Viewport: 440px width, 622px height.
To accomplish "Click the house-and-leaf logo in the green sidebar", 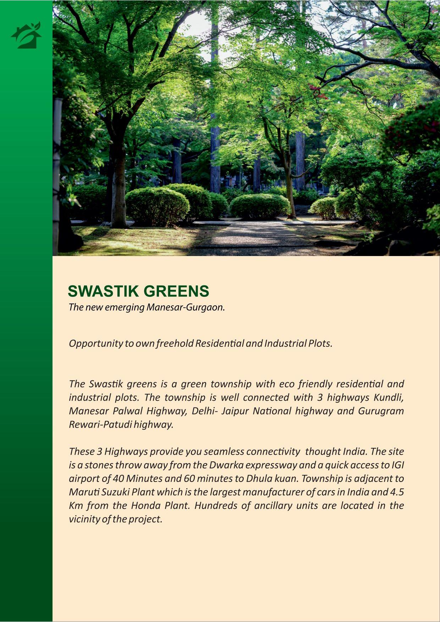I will [x=26, y=35].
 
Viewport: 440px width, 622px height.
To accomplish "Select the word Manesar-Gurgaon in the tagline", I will [x=186, y=307].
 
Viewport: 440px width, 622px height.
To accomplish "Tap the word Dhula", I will [x=259, y=478].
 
